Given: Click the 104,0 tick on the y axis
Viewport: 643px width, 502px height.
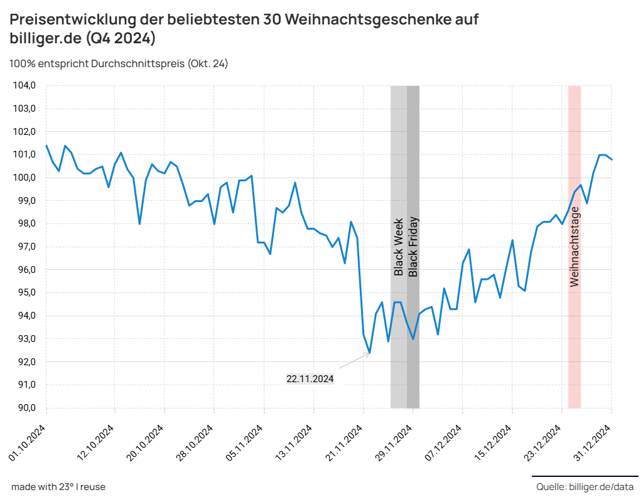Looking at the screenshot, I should (x=24, y=85).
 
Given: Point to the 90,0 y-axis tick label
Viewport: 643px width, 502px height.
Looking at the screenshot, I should (x=24, y=408).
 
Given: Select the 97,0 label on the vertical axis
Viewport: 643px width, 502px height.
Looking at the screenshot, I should (x=24, y=247).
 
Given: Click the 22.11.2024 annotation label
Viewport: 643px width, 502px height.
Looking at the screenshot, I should (x=310, y=379).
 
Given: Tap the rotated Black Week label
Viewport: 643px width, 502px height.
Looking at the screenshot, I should (x=398, y=247).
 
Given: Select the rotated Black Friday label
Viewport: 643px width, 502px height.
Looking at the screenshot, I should (x=413, y=247).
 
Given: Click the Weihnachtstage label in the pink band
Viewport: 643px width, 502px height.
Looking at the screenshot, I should (x=575, y=247).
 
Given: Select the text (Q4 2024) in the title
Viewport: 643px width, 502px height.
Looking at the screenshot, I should (x=122, y=38).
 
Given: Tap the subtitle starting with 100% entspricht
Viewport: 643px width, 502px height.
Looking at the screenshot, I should (x=119, y=63).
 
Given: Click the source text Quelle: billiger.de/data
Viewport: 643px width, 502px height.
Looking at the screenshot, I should (x=585, y=487).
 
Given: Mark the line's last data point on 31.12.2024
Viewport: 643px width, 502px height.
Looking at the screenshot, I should (x=612, y=160).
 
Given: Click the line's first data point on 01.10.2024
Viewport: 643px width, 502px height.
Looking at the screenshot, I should (x=46, y=146).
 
